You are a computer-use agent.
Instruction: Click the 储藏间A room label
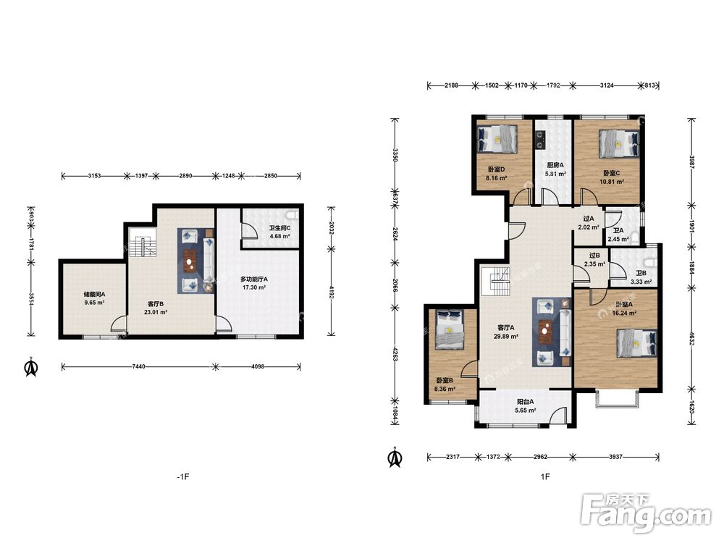point(94,294)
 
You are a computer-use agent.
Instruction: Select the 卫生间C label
point(279,228)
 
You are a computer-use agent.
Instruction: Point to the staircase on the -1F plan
point(142,243)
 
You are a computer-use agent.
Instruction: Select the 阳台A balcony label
point(526,402)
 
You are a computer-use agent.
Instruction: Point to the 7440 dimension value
point(138,366)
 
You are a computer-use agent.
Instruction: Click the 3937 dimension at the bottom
point(615,457)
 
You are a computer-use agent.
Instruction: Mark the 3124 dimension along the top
point(607,85)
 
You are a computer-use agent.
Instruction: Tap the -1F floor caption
point(183,476)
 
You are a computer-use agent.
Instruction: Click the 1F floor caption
point(545,476)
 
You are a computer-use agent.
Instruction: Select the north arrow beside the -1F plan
point(31,367)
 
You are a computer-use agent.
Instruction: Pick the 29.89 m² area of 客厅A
point(505,336)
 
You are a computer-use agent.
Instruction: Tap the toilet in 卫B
point(652,264)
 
